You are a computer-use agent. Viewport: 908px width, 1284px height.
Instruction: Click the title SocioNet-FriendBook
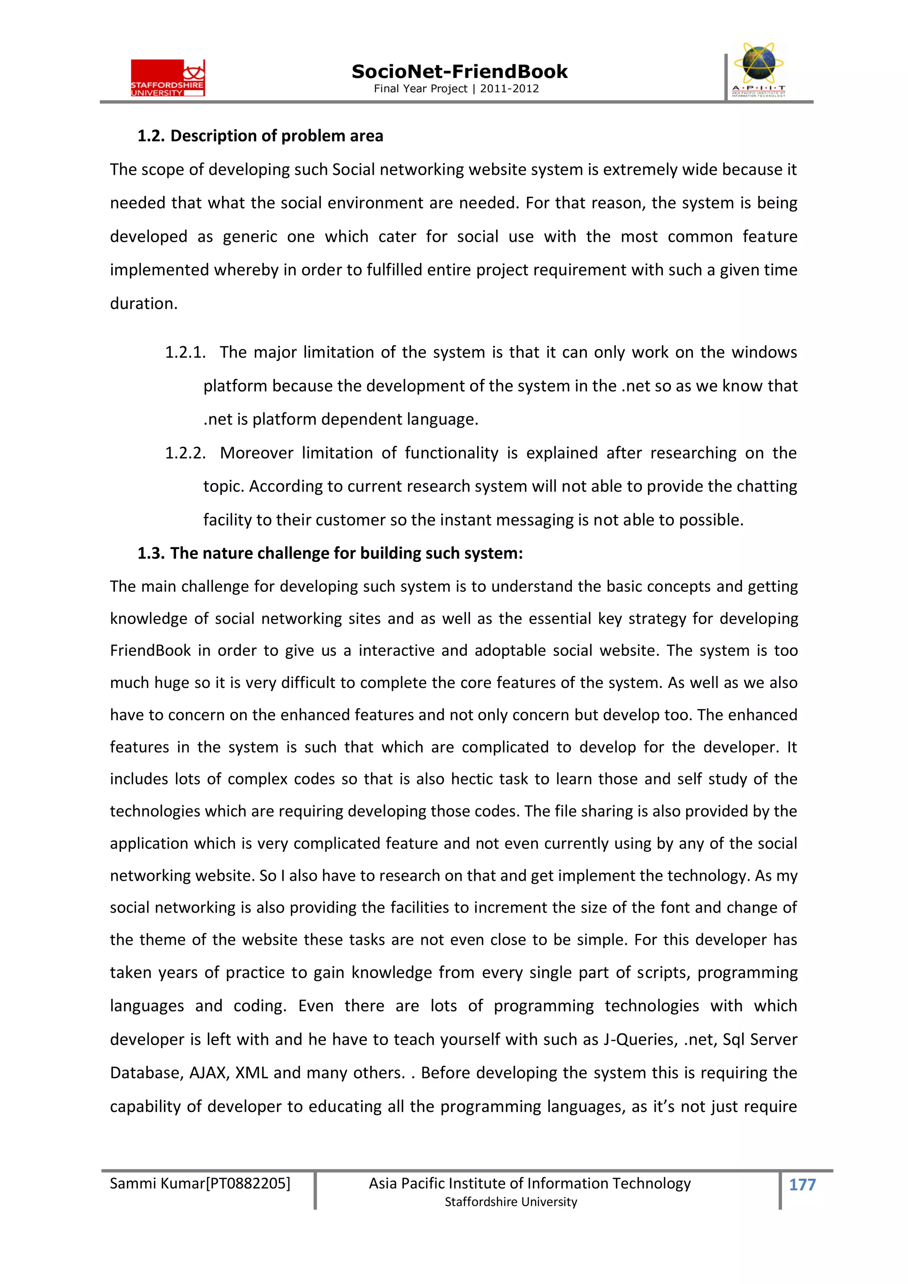point(459,72)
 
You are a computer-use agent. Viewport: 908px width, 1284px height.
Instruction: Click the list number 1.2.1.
point(184,352)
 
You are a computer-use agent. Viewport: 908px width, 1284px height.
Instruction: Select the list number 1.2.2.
point(184,453)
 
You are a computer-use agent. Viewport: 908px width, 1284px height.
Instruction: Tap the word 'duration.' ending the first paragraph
point(143,304)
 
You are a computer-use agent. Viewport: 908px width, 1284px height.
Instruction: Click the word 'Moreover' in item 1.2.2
point(256,453)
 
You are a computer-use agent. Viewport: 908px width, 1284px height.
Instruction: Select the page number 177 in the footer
point(802,1184)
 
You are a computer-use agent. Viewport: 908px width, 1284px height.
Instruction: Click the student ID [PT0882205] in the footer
point(248,1183)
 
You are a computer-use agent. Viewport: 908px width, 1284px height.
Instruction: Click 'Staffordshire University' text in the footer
point(510,1202)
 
